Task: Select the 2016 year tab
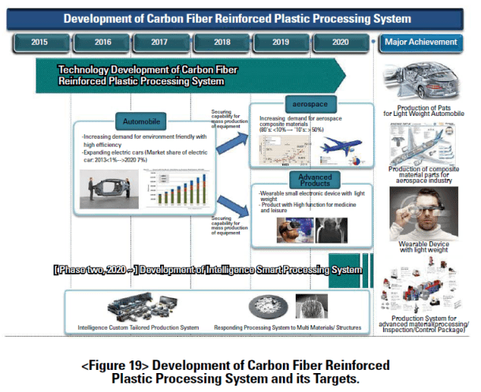tap(103, 42)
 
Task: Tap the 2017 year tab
tap(161, 42)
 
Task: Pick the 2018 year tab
tap(222, 42)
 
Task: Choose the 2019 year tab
tap(281, 42)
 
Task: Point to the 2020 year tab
tap(341, 42)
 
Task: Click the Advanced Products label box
tap(315, 179)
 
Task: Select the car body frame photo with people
tap(114, 190)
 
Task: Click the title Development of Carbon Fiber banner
tap(237, 17)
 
